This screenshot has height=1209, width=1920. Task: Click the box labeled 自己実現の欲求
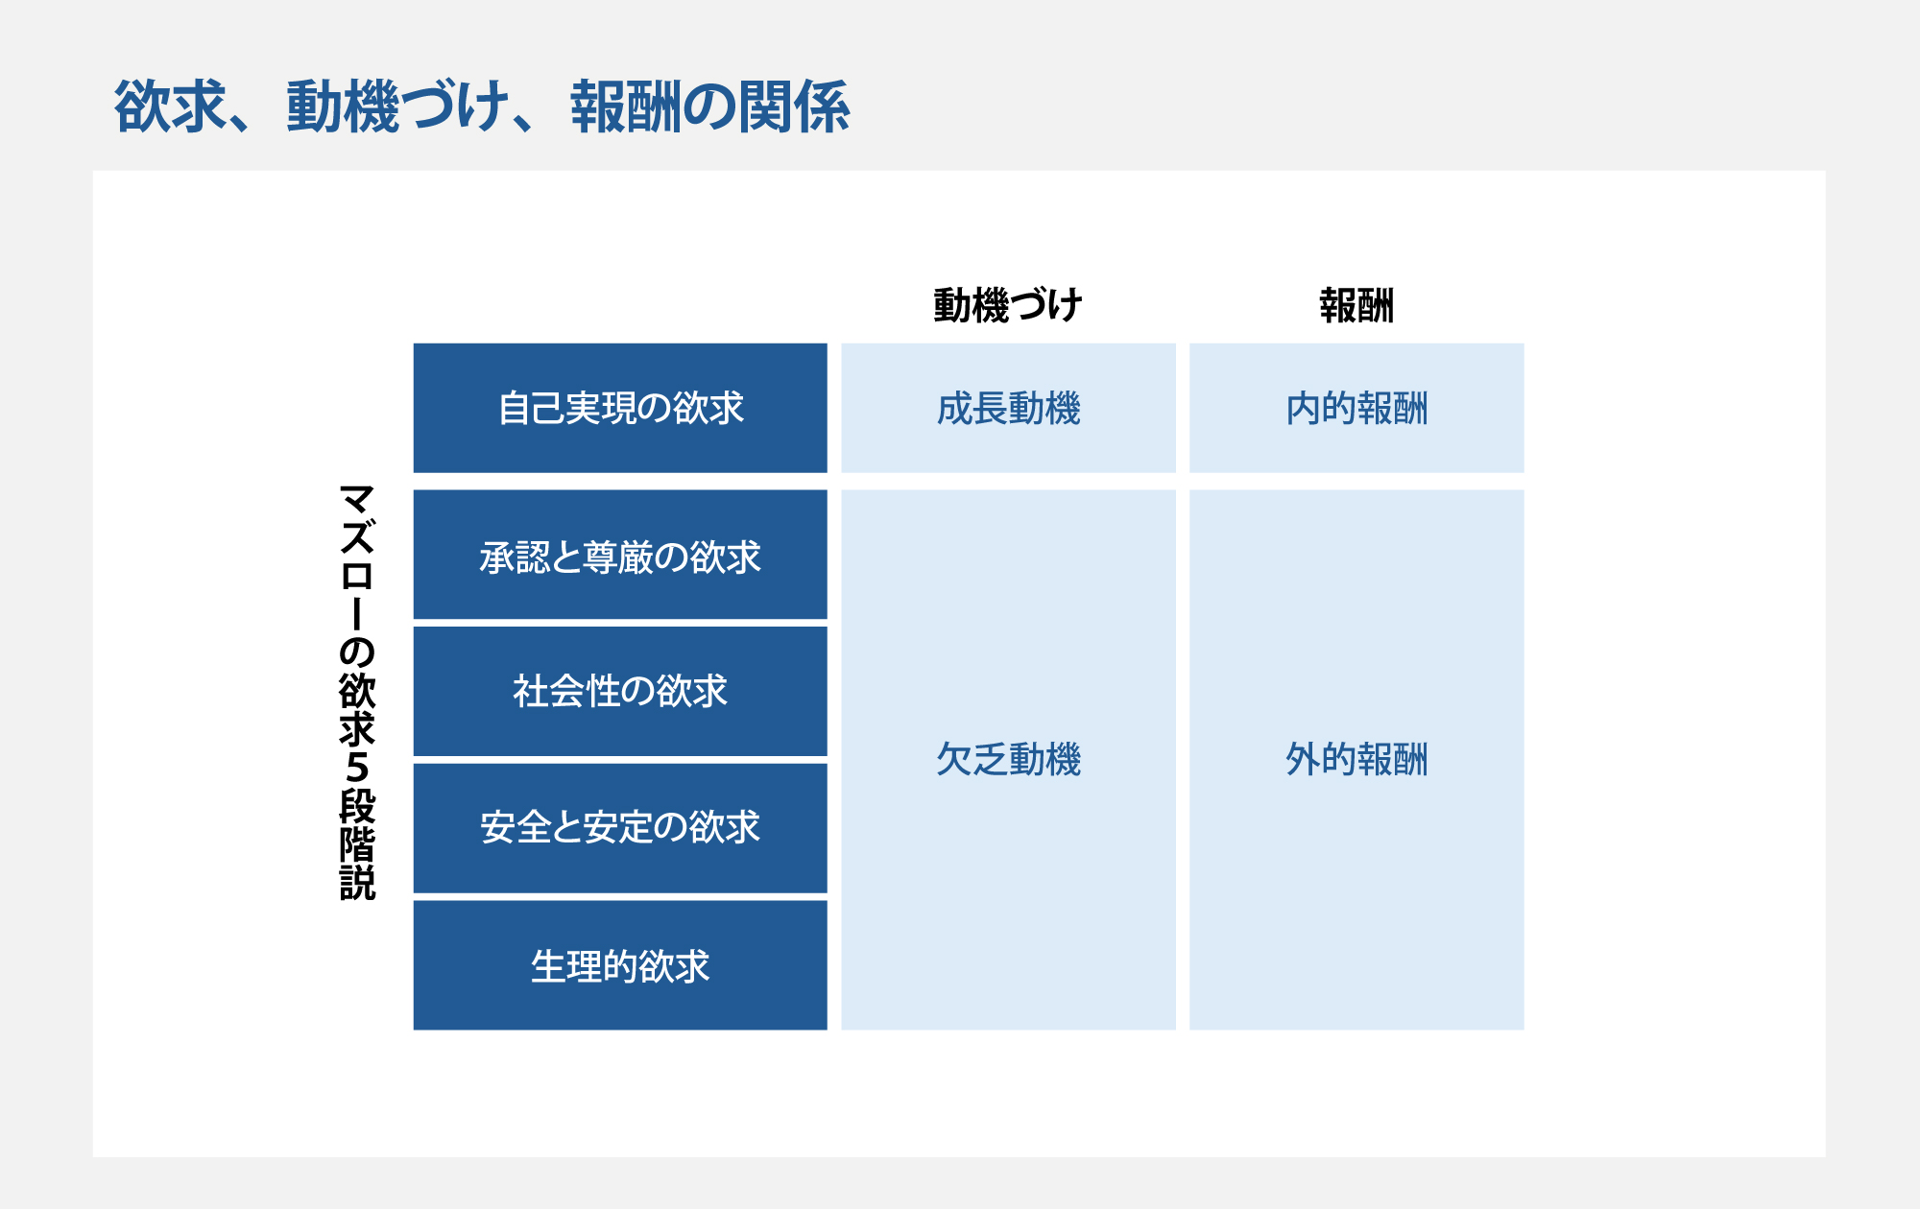tap(620, 408)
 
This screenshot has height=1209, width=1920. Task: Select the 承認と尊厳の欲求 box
tap(620, 555)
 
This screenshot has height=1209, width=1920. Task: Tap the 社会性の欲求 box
tap(620, 692)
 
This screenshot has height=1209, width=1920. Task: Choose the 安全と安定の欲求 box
tap(620, 828)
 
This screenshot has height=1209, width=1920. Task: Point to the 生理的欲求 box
tap(620, 965)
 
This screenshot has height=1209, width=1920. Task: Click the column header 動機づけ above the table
tap(1008, 306)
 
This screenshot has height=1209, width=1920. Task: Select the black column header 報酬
tap(1356, 306)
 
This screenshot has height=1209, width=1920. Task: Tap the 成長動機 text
tap(1009, 409)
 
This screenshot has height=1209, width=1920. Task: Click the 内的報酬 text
tap(1356, 409)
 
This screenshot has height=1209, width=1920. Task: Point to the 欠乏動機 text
tap(1009, 760)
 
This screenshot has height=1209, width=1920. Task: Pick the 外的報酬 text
tap(1356, 760)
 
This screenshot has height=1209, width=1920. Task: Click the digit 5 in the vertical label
tap(357, 768)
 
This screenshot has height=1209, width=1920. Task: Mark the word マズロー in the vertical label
tap(357, 557)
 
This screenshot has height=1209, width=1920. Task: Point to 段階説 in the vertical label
tap(357, 845)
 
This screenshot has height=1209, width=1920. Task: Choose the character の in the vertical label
tap(357, 652)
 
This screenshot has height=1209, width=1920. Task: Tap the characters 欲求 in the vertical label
tap(357, 710)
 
